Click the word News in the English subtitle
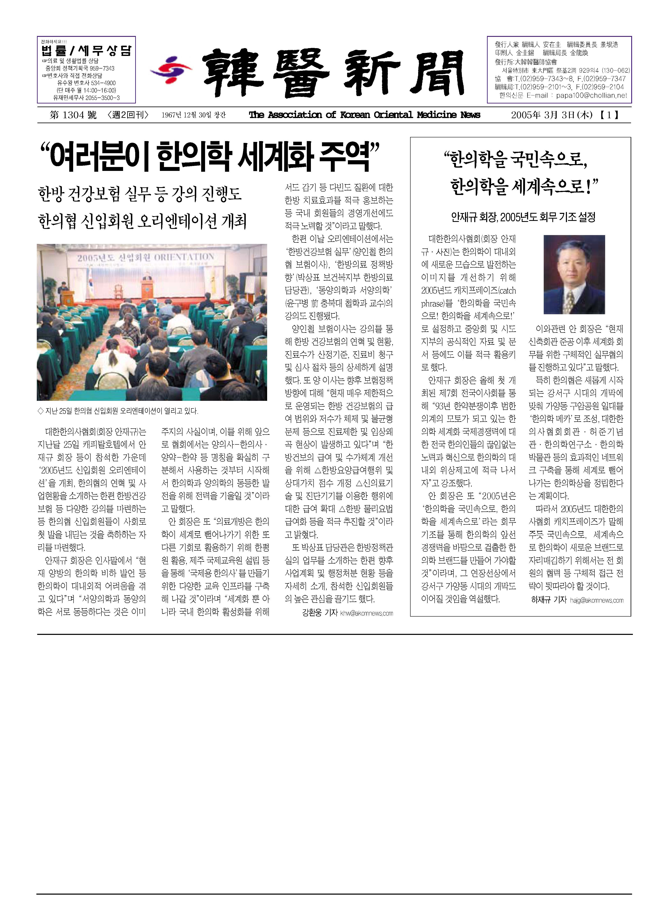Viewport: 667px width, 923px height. coord(471,115)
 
